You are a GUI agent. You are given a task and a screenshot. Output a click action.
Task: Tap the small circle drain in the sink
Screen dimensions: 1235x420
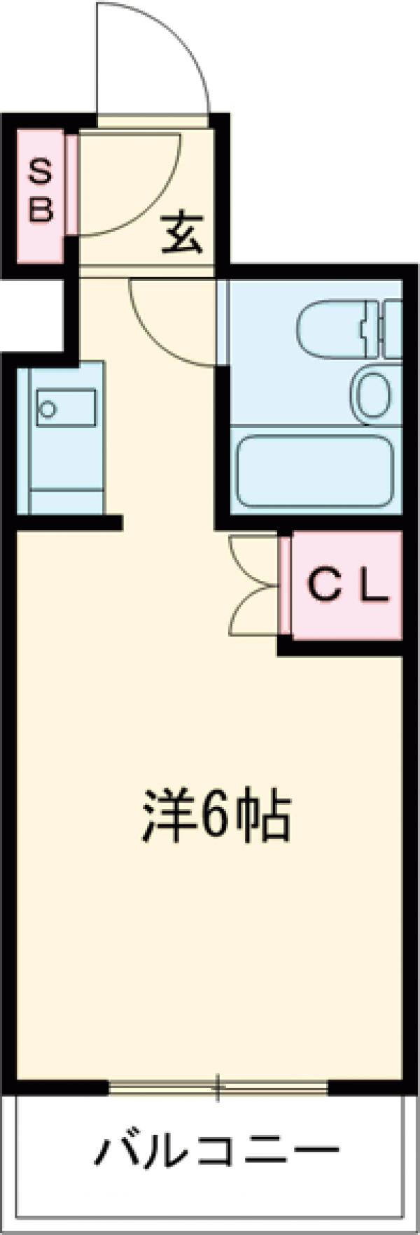click(x=48, y=408)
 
